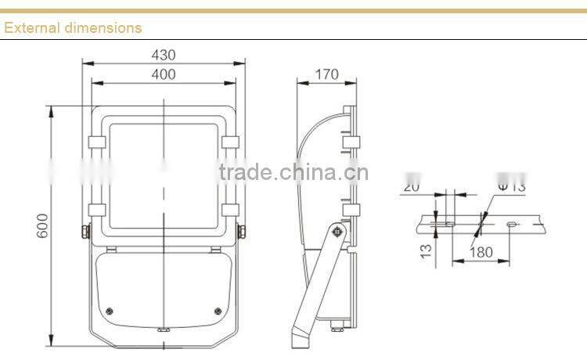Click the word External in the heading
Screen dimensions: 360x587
click(31, 27)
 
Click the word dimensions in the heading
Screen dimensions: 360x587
click(100, 27)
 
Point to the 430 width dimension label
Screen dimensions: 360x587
click(164, 55)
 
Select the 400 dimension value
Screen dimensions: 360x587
click(164, 74)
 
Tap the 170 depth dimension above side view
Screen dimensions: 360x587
click(326, 74)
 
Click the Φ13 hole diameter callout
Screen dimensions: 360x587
click(511, 186)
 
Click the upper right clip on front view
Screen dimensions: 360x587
click(231, 142)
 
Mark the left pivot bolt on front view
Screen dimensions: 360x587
click(85, 232)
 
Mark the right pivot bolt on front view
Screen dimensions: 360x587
click(242, 232)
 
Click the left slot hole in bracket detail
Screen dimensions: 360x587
click(448, 225)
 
